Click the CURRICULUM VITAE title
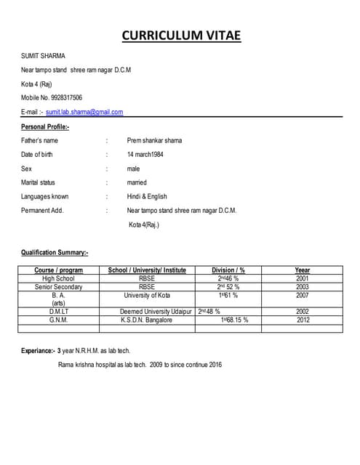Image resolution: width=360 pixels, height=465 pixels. pos(180,36)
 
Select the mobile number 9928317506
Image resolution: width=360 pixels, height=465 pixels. pos(65,97)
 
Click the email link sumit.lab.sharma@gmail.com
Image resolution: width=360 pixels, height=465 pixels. pos(84,112)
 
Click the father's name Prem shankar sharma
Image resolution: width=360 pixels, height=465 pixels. pos(154,140)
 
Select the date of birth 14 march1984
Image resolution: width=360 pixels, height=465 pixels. pos(151,154)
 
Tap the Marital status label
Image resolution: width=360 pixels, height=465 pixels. pos(38,182)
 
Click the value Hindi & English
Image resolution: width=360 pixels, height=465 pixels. pos(147,196)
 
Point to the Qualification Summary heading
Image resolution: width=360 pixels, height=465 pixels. pos(55,253)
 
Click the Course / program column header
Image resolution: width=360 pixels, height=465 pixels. pos(59,270)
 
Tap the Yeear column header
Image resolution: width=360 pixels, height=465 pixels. pos(303,270)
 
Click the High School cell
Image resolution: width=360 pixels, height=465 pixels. pos(59,278)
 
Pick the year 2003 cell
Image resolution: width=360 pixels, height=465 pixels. pos(303,287)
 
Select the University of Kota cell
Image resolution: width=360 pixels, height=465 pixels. pos(148,296)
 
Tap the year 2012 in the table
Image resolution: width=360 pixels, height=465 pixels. pos(303,320)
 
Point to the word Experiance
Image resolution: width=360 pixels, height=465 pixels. pos(36,351)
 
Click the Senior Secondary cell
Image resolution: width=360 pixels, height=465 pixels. pos(59,287)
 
